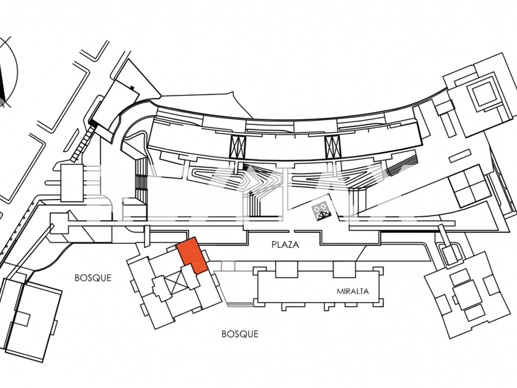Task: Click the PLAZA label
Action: [285, 245]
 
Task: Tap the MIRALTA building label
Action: [353, 291]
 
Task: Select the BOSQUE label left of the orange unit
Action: [93, 278]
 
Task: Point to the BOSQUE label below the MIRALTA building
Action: [239, 334]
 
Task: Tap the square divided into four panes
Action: [468, 187]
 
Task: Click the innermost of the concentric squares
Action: [482, 94]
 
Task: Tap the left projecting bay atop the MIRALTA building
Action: [284, 269]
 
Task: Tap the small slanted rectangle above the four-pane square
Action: [443, 110]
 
